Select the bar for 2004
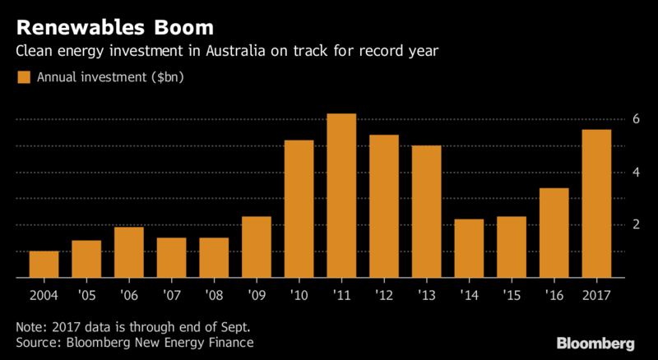[x=44, y=265]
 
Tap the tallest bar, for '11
[x=341, y=196]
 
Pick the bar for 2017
[x=596, y=205]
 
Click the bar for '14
[x=470, y=249]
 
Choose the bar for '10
[x=299, y=210]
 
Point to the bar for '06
[x=129, y=253]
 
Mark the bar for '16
[x=554, y=233]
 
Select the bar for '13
[x=427, y=212]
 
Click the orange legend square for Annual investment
[x=23, y=79]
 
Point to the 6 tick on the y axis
[x=635, y=119]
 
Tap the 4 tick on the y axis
[x=635, y=173]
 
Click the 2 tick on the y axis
[x=635, y=225]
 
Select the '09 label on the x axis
[x=257, y=293]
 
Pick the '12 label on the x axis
[x=384, y=293]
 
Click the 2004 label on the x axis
[x=44, y=293]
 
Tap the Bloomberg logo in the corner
[x=596, y=343]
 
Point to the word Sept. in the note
[x=225, y=326]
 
